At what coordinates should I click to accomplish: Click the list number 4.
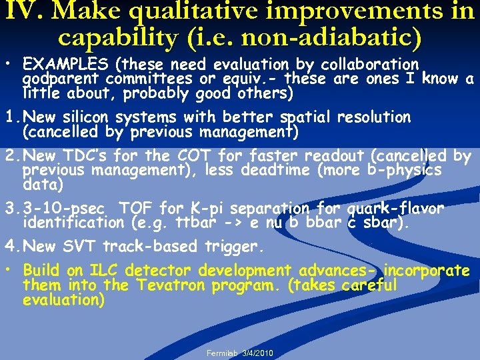[x=9, y=247]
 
